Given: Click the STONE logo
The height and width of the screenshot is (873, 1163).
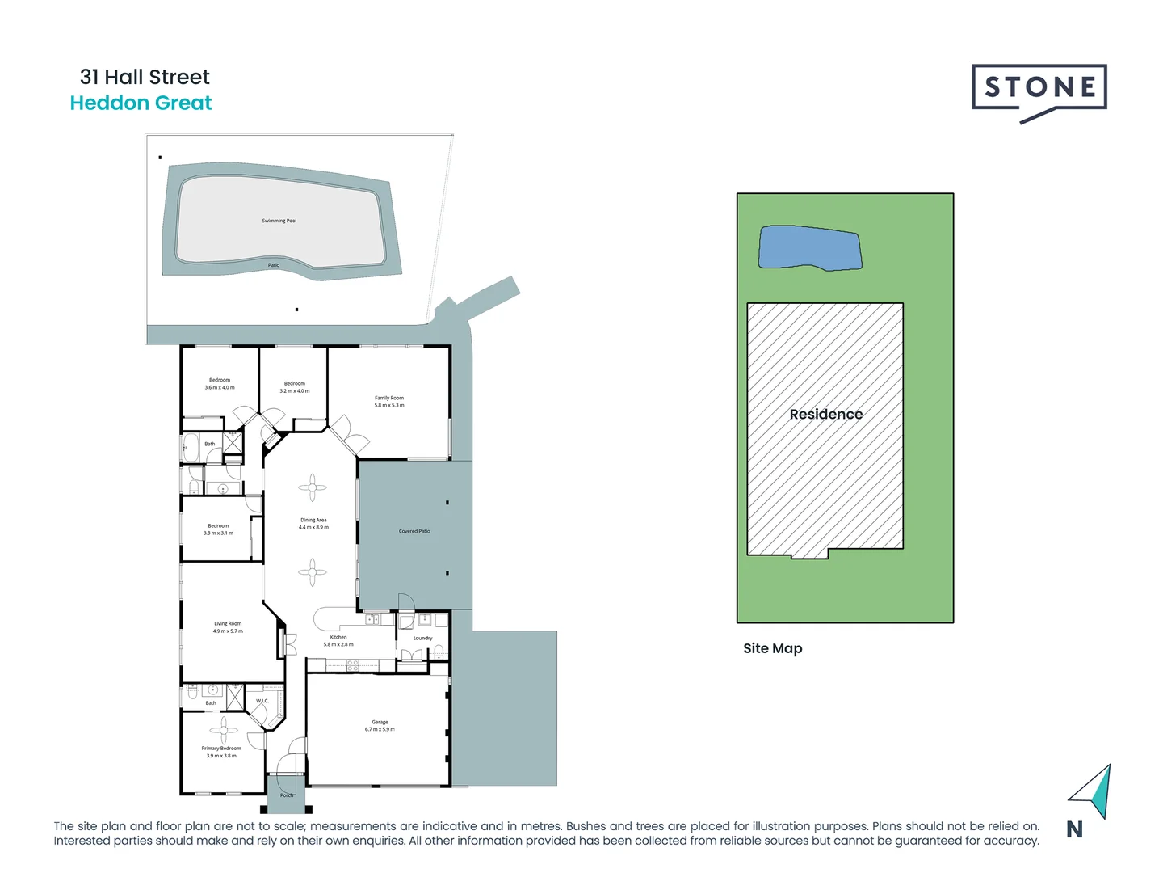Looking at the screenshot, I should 1039,90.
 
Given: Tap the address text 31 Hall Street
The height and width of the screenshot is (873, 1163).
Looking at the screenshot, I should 145,77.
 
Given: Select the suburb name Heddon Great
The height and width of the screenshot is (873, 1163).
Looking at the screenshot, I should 141,103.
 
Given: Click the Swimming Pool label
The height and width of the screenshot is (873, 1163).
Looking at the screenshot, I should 279,221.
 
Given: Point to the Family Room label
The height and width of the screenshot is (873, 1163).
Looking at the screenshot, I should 388,399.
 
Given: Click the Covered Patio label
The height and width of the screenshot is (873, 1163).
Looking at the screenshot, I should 414,531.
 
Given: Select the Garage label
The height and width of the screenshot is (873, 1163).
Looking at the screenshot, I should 380,723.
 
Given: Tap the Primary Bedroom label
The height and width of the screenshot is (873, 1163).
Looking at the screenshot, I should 221,749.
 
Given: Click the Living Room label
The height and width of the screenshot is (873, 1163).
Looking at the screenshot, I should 228,624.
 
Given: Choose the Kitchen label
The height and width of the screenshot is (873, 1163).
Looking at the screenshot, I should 338,638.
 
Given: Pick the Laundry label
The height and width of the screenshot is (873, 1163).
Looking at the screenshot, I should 422,639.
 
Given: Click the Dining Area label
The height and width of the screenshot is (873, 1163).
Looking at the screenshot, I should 313,521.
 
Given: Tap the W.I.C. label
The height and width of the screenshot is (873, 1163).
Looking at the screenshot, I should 262,701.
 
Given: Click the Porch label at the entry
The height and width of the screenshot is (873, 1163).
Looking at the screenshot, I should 287,795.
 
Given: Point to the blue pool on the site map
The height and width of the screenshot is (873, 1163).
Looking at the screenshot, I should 809,248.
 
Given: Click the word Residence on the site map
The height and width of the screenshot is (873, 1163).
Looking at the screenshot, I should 825,414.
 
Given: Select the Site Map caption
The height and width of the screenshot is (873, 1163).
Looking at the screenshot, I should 772,648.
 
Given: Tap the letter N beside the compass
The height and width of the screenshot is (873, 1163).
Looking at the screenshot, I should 1074,829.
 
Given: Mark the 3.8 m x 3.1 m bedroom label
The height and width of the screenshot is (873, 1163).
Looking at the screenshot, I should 218,529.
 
